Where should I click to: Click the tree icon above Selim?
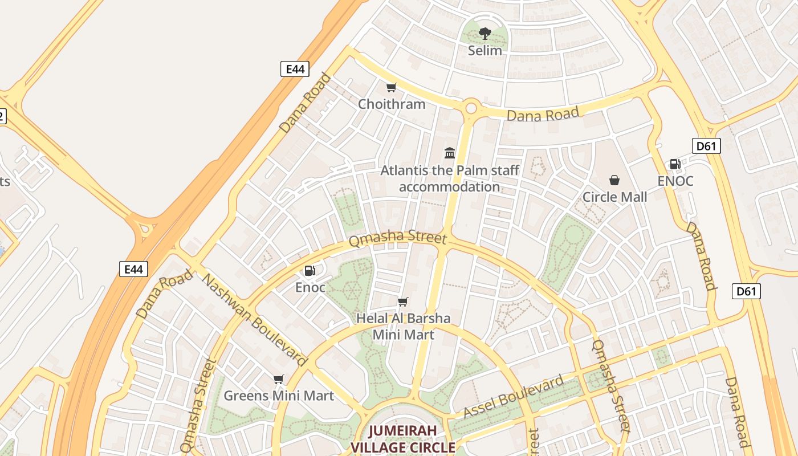click(485, 33)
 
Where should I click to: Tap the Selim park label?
click(485, 51)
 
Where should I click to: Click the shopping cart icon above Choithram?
click(391, 87)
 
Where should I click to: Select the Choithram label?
click(392, 104)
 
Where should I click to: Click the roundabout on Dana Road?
click(471, 107)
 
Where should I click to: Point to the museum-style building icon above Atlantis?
click(450, 153)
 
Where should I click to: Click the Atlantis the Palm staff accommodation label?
click(450, 178)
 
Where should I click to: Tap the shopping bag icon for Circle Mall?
click(614, 180)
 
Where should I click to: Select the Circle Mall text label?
click(614, 197)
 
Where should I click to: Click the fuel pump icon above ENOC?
click(675, 164)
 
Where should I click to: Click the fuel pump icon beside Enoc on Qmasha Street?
click(310, 271)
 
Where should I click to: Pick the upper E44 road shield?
click(295, 69)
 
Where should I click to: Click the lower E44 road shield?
click(133, 268)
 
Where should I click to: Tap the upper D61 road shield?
click(706, 146)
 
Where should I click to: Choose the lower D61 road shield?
click(746, 291)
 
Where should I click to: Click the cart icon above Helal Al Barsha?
click(403, 302)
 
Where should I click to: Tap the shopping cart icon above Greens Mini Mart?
click(278, 379)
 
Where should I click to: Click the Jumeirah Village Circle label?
click(403, 439)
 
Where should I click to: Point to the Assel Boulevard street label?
click(513, 396)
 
